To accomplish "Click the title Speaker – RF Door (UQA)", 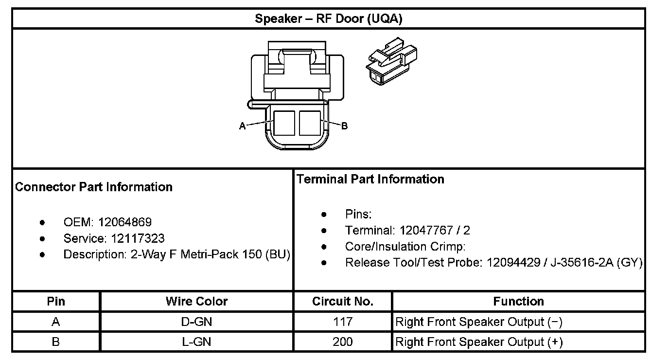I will click(x=329, y=19).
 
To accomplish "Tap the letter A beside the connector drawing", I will click(x=242, y=126).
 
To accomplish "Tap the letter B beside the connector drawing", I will click(x=344, y=126).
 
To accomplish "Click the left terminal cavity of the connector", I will click(x=284, y=123).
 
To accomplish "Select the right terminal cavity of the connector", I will click(x=310, y=123).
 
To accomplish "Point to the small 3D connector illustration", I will click(x=391, y=63).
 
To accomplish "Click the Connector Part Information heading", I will click(x=94, y=187).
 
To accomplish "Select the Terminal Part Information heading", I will click(x=370, y=179).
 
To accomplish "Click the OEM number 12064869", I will click(x=125, y=222).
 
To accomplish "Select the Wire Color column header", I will click(x=196, y=302).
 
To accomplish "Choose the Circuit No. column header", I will click(x=343, y=302).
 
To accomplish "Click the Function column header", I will click(x=518, y=302).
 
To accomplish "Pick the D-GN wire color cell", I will click(x=196, y=322).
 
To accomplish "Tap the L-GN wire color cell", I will click(x=196, y=342).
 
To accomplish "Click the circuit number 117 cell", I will click(x=343, y=322).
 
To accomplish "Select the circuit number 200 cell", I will click(x=343, y=342).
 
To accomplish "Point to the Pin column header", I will click(x=56, y=302).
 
